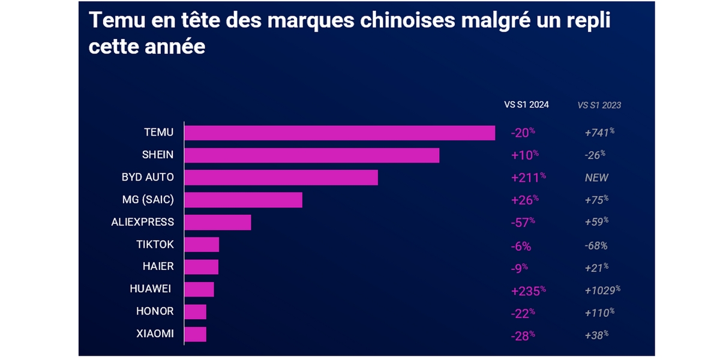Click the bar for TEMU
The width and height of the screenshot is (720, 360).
coord(340,133)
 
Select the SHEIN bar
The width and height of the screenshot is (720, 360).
coord(311,155)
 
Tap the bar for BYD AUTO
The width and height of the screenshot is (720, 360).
coord(281,178)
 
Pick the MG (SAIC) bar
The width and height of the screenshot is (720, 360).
coord(243,200)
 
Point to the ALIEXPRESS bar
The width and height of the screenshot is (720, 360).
coord(217,222)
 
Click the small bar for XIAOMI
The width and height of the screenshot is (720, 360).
coord(195,334)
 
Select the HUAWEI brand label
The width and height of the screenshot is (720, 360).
coord(151,289)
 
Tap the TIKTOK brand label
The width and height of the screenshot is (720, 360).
coord(155,245)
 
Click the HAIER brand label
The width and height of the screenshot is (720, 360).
coord(158,267)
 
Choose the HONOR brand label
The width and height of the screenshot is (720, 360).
coord(155,311)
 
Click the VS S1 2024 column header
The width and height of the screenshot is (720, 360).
coord(526,105)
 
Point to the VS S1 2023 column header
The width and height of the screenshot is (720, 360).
coord(599,105)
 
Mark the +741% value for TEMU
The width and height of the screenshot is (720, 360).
coord(599,133)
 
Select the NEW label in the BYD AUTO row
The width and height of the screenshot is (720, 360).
coord(596,178)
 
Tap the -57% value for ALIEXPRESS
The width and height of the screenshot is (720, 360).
coord(522,222)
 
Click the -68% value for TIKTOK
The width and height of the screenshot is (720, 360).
coord(596,245)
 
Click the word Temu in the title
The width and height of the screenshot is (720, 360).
coord(113,20)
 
